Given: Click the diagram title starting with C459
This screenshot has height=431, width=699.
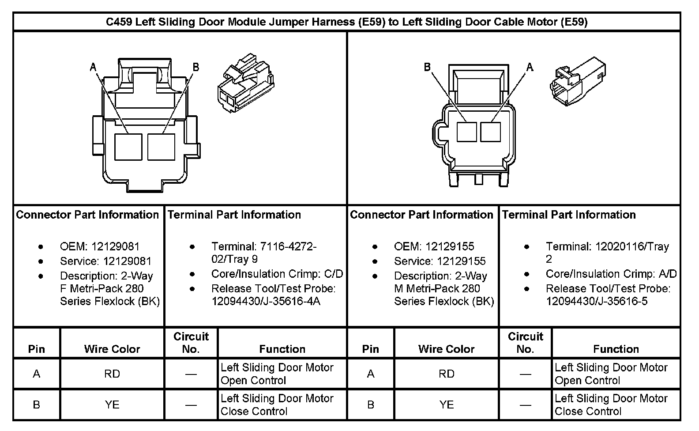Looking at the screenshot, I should (346, 22).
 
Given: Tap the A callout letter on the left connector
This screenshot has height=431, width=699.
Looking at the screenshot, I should (93, 67).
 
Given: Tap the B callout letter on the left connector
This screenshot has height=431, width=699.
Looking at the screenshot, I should (196, 67).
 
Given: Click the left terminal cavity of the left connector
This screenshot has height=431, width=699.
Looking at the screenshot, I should (128, 147).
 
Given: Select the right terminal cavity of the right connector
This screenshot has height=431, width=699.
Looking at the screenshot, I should (490, 132).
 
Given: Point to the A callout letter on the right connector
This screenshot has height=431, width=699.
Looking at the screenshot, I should (530, 67).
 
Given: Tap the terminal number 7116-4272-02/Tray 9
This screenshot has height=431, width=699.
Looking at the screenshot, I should (263, 253).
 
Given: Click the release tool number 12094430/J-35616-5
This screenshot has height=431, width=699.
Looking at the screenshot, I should (597, 301).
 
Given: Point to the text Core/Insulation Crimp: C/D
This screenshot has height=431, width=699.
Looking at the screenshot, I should (277, 274).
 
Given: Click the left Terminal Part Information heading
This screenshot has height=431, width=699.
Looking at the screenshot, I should (234, 215).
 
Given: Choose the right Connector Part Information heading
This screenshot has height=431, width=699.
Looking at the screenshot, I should (421, 215).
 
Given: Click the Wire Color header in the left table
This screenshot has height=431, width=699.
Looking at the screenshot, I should (112, 349).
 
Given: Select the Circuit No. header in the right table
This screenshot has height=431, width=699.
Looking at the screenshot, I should (525, 343).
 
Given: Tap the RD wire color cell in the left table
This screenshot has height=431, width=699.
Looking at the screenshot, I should (112, 374).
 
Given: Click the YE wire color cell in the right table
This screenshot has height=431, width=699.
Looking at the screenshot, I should (446, 405).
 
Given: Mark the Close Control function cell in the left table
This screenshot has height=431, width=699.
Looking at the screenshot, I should (277, 405).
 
